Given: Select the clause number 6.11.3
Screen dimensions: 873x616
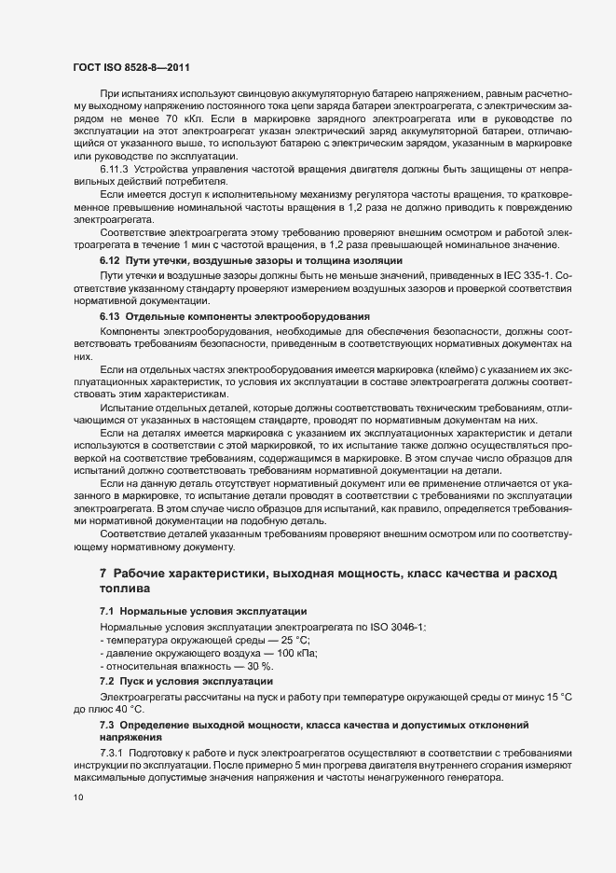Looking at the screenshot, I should tap(115, 169).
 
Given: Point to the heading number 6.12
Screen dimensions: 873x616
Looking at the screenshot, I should tap(111, 258).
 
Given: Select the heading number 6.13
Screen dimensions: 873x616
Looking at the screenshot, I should tap(111, 315).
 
